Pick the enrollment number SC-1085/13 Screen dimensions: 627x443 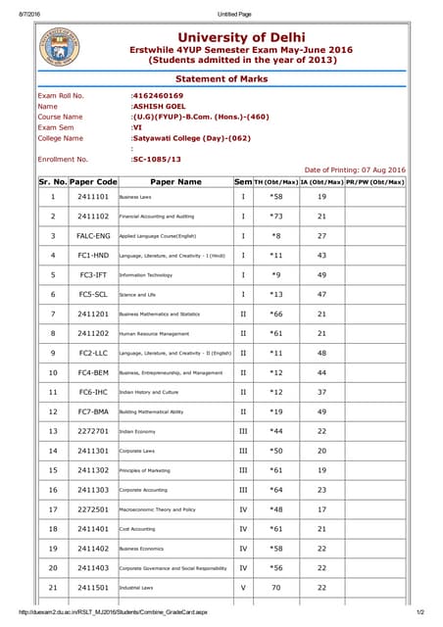pyautogui.click(x=159, y=159)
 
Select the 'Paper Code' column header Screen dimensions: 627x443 pyautogui.click(x=94, y=181)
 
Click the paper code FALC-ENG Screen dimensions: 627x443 pyautogui.click(x=93, y=236)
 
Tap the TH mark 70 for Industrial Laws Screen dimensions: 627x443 pyautogui.click(x=275, y=588)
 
